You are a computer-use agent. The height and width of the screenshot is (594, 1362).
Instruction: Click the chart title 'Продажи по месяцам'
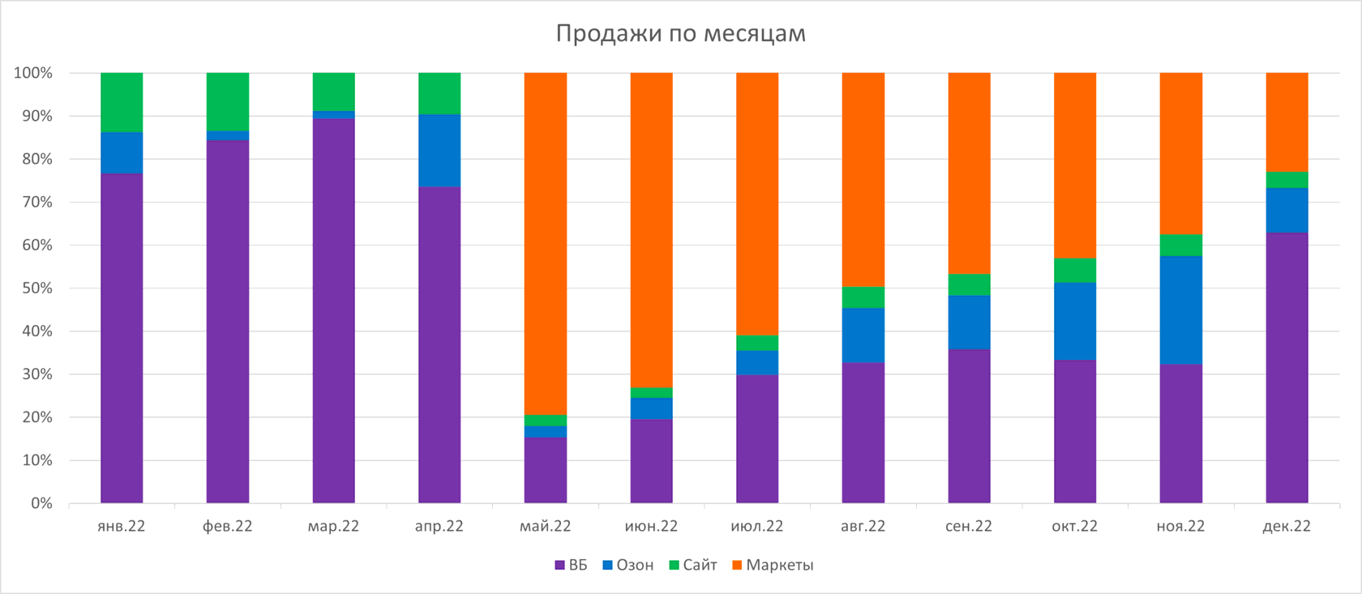[x=680, y=33]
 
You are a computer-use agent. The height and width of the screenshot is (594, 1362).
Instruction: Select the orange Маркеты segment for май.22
[x=546, y=243]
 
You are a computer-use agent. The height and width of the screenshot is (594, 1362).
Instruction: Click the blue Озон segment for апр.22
[x=439, y=151]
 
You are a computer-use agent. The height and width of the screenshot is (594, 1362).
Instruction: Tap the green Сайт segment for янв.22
[x=122, y=102]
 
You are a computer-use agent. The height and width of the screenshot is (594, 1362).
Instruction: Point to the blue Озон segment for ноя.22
[x=1181, y=310]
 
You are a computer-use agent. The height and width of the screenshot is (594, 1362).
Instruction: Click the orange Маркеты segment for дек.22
[x=1287, y=122]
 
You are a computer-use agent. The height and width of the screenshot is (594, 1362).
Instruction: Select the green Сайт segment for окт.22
[x=1075, y=270]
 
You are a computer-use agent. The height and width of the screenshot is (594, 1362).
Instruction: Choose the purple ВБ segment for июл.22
[x=757, y=438]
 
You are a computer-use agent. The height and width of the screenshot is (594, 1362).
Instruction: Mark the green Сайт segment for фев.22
[x=228, y=101]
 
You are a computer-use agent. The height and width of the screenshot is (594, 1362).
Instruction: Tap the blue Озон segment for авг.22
[x=863, y=335]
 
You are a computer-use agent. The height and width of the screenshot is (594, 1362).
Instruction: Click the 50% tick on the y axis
[x=33, y=288]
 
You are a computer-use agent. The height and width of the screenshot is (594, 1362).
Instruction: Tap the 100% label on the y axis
[x=33, y=73]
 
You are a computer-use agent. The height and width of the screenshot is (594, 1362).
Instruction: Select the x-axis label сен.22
[x=969, y=526]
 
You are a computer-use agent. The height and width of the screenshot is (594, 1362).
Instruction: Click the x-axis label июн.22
[x=651, y=526]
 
